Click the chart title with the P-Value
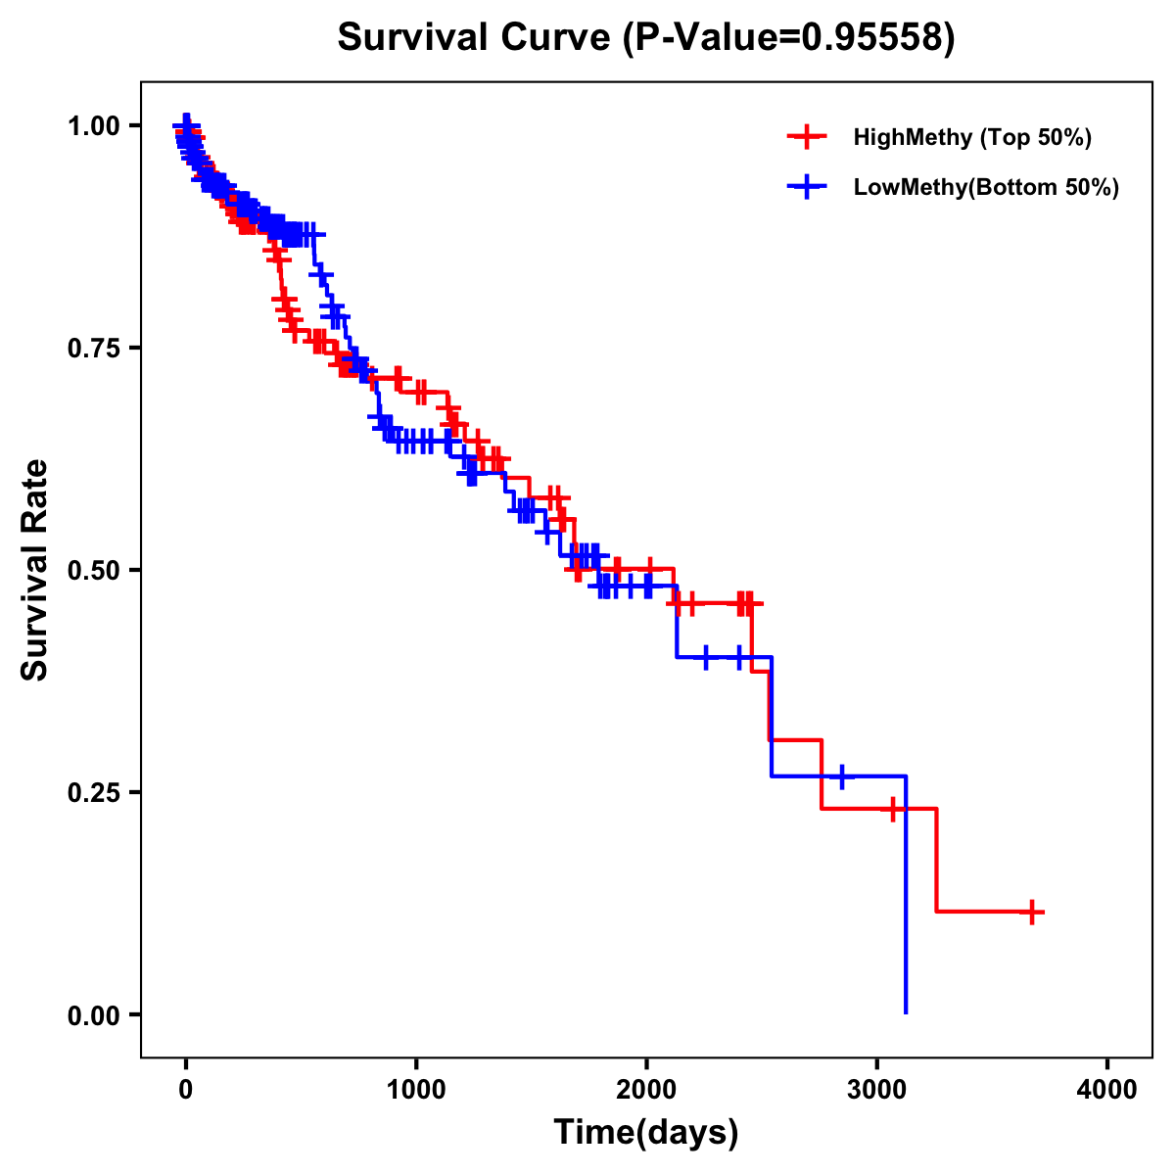[x=646, y=37]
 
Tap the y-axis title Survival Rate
[x=35, y=570]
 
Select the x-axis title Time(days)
[x=646, y=1132]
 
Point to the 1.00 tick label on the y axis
[x=92, y=126]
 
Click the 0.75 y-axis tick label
[x=92, y=349]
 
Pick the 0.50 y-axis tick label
[x=92, y=571]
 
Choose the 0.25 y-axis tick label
[x=92, y=793]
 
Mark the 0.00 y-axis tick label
[x=92, y=1015]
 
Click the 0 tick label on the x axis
[x=186, y=1090]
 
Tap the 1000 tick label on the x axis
[x=416, y=1090]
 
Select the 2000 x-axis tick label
[x=646, y=1090]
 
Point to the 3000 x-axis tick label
[x=877, y=1090]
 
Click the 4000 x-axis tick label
[x=1107, y=1090]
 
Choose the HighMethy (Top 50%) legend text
[x=972, y=137]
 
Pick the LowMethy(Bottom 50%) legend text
[x=986, y=187]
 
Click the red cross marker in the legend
[x=807, y=137]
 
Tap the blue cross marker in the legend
[x=807, y=187]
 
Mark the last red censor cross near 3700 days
[x=1031, y=912]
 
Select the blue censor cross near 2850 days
[x=841, y=776]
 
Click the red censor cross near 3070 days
[x=892, y=810]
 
